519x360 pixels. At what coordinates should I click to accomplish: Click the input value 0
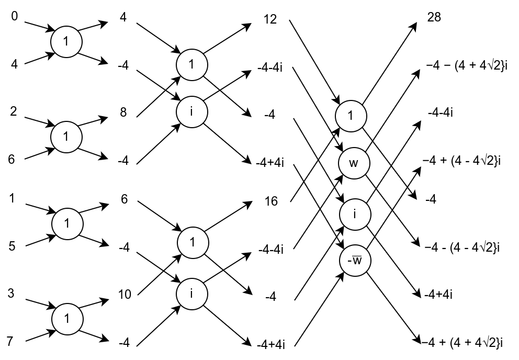pyautogui.click(x=15, y=18)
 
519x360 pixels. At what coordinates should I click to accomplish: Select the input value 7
pyautogui.click(x=10, y=341)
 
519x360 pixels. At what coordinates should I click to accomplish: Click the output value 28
pyautogui.click(x=434, y=17)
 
